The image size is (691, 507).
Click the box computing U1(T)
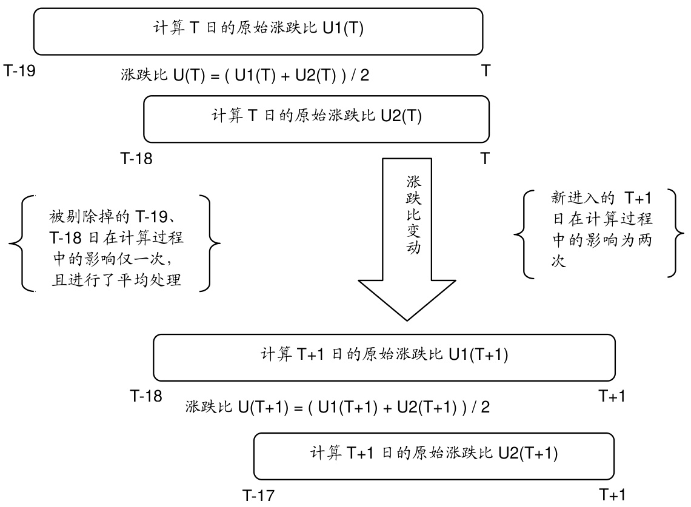(x=258, y=31)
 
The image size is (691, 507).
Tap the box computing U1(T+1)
(x=384, y=356)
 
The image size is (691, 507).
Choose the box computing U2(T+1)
(x=434, y=454)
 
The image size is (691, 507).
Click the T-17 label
(x=258, y=495)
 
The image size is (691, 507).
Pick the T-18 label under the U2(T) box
(x=136, y=159)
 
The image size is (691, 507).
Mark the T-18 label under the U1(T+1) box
(x=146, y=397)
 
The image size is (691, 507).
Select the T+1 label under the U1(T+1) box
(x=612, y=397)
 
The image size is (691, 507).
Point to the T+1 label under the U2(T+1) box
(x=612, y=495)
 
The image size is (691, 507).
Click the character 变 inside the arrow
(x=413, y=232)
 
